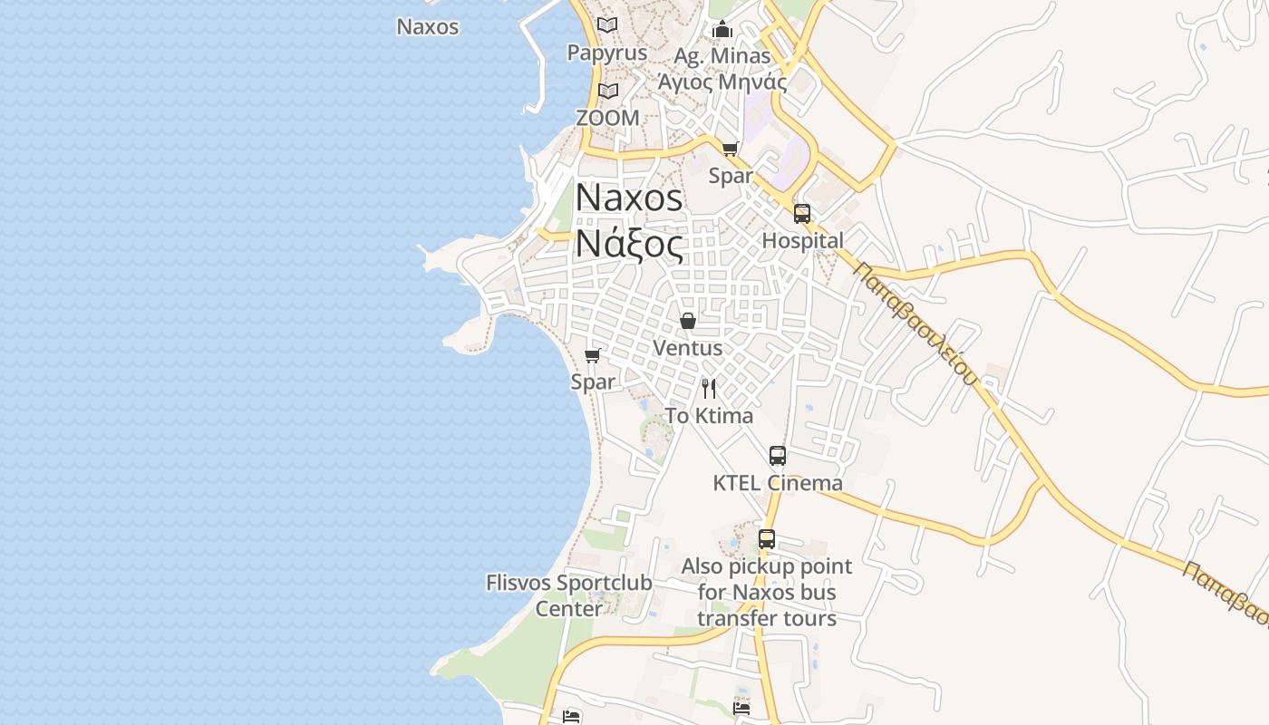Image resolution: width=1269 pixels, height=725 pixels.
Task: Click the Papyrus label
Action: (607, 53)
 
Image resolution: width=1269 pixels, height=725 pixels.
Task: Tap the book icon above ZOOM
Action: (607, 92)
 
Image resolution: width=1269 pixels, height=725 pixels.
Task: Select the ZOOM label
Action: (607, 118)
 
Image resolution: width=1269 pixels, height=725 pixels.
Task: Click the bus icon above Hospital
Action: (802, 214)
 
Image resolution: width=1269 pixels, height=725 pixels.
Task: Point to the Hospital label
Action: (802, 240)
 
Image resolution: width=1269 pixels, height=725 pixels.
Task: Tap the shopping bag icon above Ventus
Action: (688, 321)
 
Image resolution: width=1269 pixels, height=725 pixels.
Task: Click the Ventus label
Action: (688, 348)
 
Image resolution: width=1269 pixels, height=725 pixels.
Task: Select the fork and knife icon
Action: (709, 389)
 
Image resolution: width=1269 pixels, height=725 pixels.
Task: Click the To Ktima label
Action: (709, 416)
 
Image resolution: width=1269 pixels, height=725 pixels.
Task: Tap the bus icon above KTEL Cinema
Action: (777, 456)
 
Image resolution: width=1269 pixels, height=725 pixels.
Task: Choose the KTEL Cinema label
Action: (777, 483)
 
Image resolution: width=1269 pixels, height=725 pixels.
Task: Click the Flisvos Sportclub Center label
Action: (568, 595)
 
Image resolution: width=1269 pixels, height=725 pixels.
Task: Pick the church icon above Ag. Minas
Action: (722, 29)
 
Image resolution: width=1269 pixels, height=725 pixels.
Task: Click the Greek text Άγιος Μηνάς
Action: (722, 82)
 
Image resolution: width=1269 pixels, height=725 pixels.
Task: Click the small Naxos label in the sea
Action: (428, 27)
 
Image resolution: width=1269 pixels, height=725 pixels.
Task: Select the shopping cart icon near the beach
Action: (593, 355)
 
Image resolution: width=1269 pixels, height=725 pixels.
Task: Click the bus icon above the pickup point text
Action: (767, 539)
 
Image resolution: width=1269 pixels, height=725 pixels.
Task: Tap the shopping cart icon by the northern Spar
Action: (731, 149)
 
